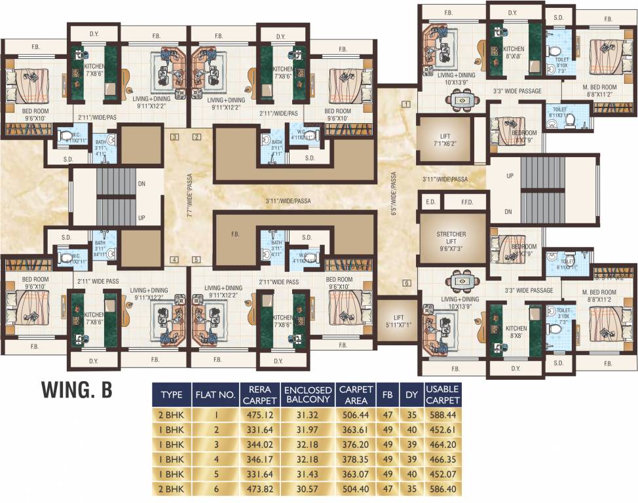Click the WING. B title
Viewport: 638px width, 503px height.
click(77, 388)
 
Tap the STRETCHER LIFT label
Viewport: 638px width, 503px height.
click(451, 240)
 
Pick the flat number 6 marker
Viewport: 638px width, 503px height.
click(406, 283)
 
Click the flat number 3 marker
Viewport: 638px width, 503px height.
click(174, 138)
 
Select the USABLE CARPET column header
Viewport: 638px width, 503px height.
click(442, 394)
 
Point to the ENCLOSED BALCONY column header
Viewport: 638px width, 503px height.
click(308, 394)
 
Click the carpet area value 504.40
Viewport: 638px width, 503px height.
click(356, 489)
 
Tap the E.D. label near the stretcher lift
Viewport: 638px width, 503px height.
click(430, 202)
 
